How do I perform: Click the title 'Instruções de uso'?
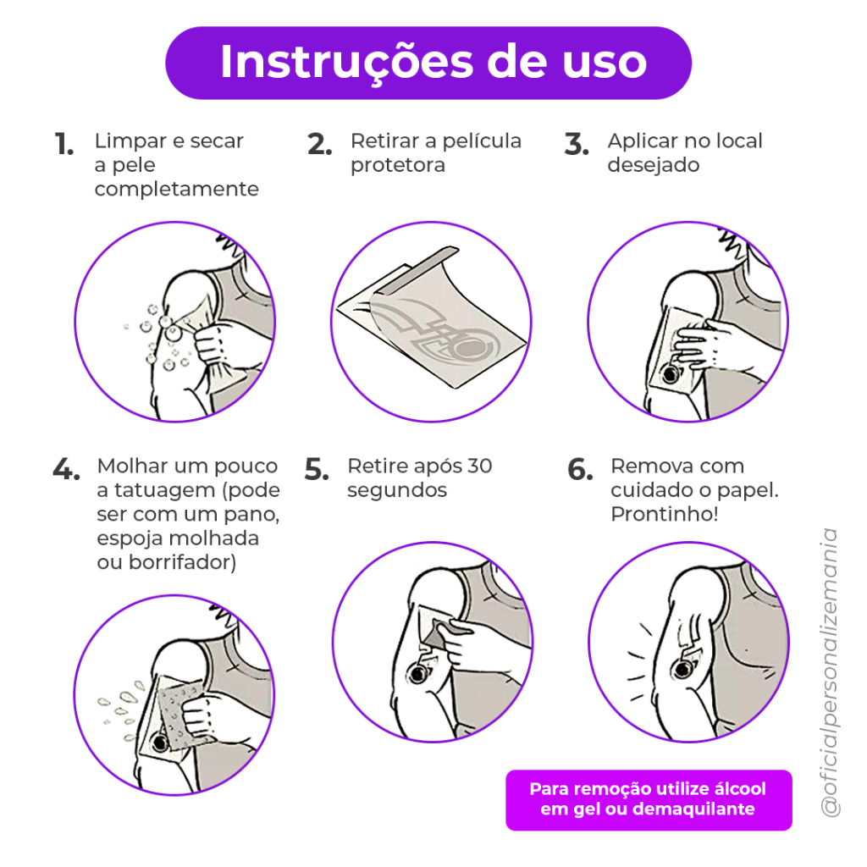433,62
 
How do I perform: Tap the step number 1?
64,144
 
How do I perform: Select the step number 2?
319,144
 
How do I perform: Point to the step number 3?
576,144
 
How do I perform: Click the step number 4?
66,469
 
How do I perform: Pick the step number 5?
317,469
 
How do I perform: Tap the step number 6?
580,469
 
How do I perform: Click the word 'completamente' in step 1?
176,190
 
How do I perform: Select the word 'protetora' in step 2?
398,165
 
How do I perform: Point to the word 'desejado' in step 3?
654,165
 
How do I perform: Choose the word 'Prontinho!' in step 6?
664,514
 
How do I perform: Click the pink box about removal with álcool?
649,799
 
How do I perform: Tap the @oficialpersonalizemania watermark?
831,672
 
